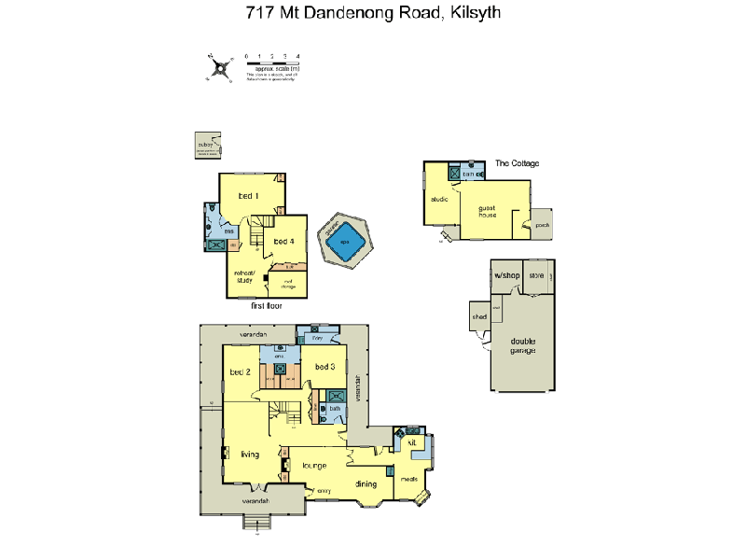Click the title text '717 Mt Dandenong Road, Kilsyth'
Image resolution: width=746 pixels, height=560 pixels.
pos(372,13)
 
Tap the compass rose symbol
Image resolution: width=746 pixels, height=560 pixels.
pos(220,67)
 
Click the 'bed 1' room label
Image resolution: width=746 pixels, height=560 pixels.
pos(248,196)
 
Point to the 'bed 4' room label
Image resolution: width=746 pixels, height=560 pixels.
pos(284,241)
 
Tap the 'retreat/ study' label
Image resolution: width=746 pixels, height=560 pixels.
pos(244,275)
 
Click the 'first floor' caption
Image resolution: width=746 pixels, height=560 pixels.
pos(267,305)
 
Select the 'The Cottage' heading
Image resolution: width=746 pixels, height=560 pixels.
pos(517,163)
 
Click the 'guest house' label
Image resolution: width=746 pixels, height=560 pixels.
pos(488,211)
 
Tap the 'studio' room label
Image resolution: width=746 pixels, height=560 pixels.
pos(439,199)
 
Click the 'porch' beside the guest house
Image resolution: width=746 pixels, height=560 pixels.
pos(542,224)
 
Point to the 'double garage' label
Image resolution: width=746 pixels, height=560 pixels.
pos(523,345)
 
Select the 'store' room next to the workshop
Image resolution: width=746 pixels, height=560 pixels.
pos(536,276)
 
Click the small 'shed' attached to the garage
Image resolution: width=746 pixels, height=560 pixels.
pos(479,317)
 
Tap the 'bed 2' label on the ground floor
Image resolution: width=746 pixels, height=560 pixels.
pos(241,371)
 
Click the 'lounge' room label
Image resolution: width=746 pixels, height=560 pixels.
pos(312,464)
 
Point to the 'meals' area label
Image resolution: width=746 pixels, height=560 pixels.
pos(408,481)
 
